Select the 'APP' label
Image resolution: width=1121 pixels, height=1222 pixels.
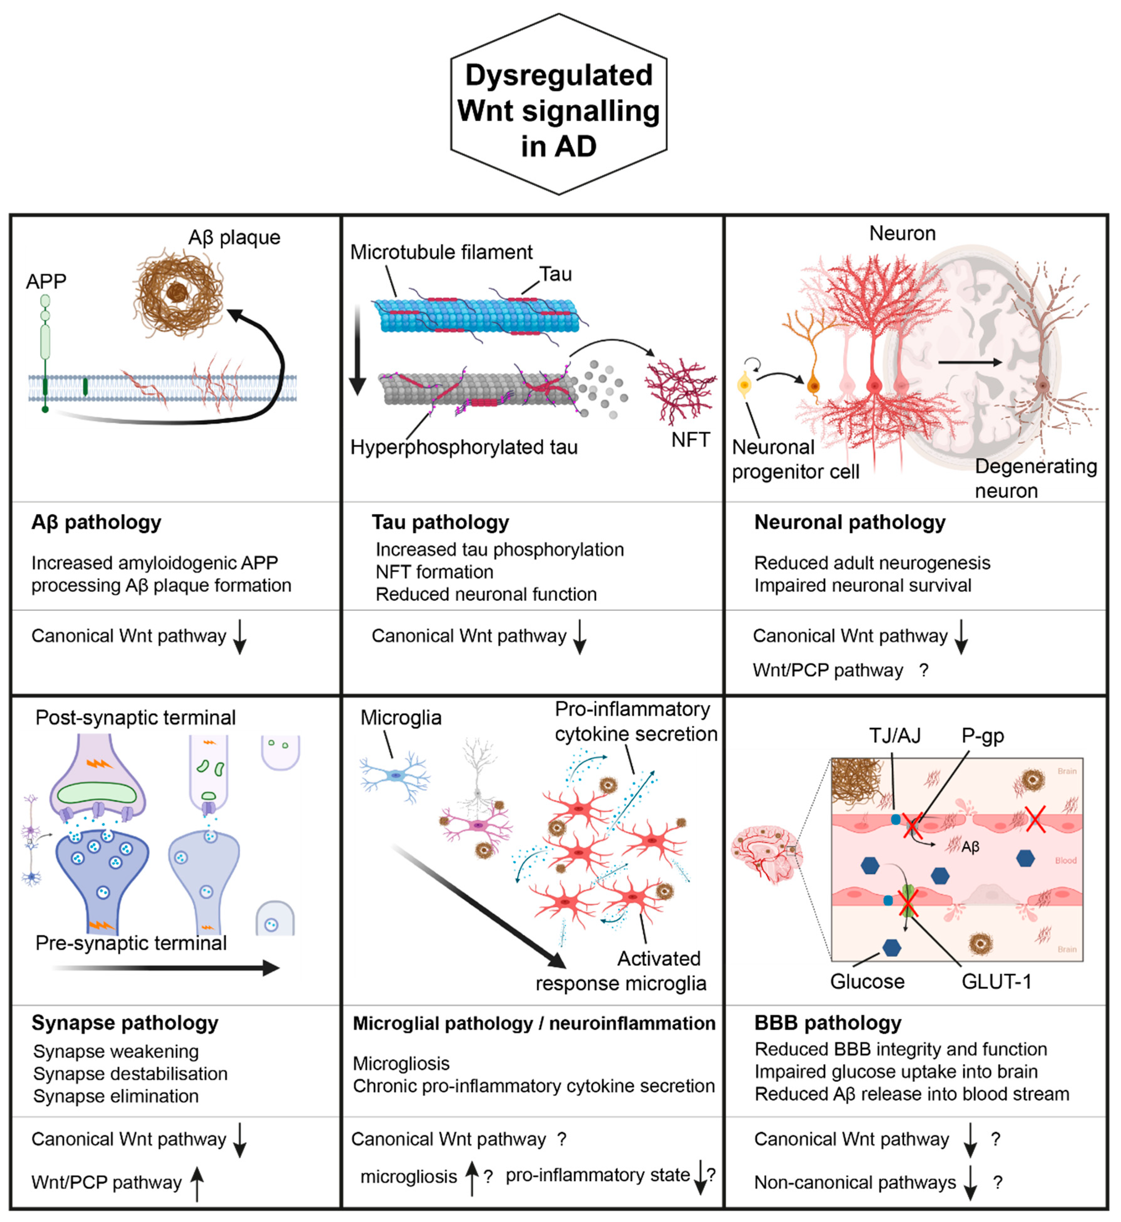[46, 281]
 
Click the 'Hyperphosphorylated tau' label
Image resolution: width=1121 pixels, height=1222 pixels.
[463, 447]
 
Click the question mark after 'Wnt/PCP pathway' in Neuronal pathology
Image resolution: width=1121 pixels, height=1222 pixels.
[923, 670]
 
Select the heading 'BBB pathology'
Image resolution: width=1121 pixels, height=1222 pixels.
[828, 1023]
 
